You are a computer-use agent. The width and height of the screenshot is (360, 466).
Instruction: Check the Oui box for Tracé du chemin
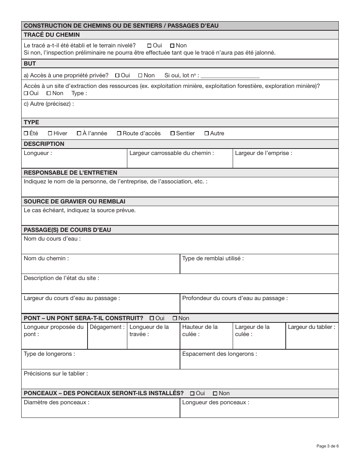pyautogui.click(x=149, y=45)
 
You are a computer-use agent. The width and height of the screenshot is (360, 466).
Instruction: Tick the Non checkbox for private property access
pyautogui.click(x=140, y=75)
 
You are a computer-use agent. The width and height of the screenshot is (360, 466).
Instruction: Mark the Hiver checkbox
pyautogui.click(x=50, y=133)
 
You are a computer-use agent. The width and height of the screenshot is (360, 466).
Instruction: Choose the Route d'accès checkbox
pyautogui.click(x=119, y=133)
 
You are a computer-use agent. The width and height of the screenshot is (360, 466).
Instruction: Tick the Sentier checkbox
pyautogui.click(x=173, y=133)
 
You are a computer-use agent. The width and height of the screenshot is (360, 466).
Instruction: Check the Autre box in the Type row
pyautogui.click(x=207, y=133)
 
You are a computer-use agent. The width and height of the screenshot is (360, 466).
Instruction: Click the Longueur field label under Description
pyautogui.click(x=38, y=153)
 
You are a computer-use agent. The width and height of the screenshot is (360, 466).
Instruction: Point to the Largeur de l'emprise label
pyautogui.click(x=263, y=153)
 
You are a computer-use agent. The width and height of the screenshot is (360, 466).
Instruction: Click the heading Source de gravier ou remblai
pyautogui.click(x=74, y=201)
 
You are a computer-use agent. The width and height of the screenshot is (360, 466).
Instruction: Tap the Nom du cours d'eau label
pyautogui.click(x=52, y=239)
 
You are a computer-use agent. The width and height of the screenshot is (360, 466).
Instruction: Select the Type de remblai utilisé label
pyautogui.click(x=213, y=258)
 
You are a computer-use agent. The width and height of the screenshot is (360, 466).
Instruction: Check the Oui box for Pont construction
pyautogui.click(x=152, y=318)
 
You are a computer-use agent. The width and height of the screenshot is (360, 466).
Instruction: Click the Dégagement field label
pyautogui.click(x=107, y=327)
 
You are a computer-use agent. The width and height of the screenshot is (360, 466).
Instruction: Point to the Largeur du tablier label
pyautogui.click(x=311, y=327)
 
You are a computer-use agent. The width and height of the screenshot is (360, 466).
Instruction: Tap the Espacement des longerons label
pyautogui.click(x=219, y=354)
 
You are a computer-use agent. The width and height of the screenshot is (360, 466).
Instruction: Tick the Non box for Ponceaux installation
pyautogui.click(x=215, y=393)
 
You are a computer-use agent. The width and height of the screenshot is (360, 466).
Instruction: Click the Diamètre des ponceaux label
pyautogui.click(x=56, y=402)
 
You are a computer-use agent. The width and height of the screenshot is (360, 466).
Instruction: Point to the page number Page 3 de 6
pyautogui.click(x=327, y=446)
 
